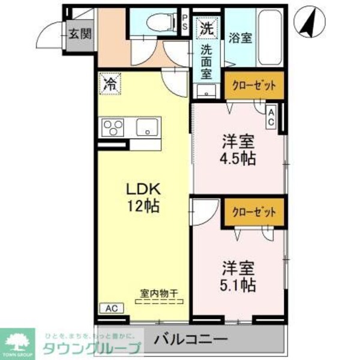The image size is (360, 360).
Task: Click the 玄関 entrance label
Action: (79, 34)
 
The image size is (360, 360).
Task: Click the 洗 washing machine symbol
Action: (206, 27)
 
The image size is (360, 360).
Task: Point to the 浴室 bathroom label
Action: (239, 37)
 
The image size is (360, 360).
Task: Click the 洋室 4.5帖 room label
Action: (238, 150)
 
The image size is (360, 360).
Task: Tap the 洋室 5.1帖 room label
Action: (238, 275)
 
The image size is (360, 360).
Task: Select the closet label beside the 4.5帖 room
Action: (254, 86)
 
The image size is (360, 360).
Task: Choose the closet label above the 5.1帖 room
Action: (254, 212)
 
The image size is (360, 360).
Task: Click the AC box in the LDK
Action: (111, 308)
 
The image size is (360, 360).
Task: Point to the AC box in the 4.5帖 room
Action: (271, 116)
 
